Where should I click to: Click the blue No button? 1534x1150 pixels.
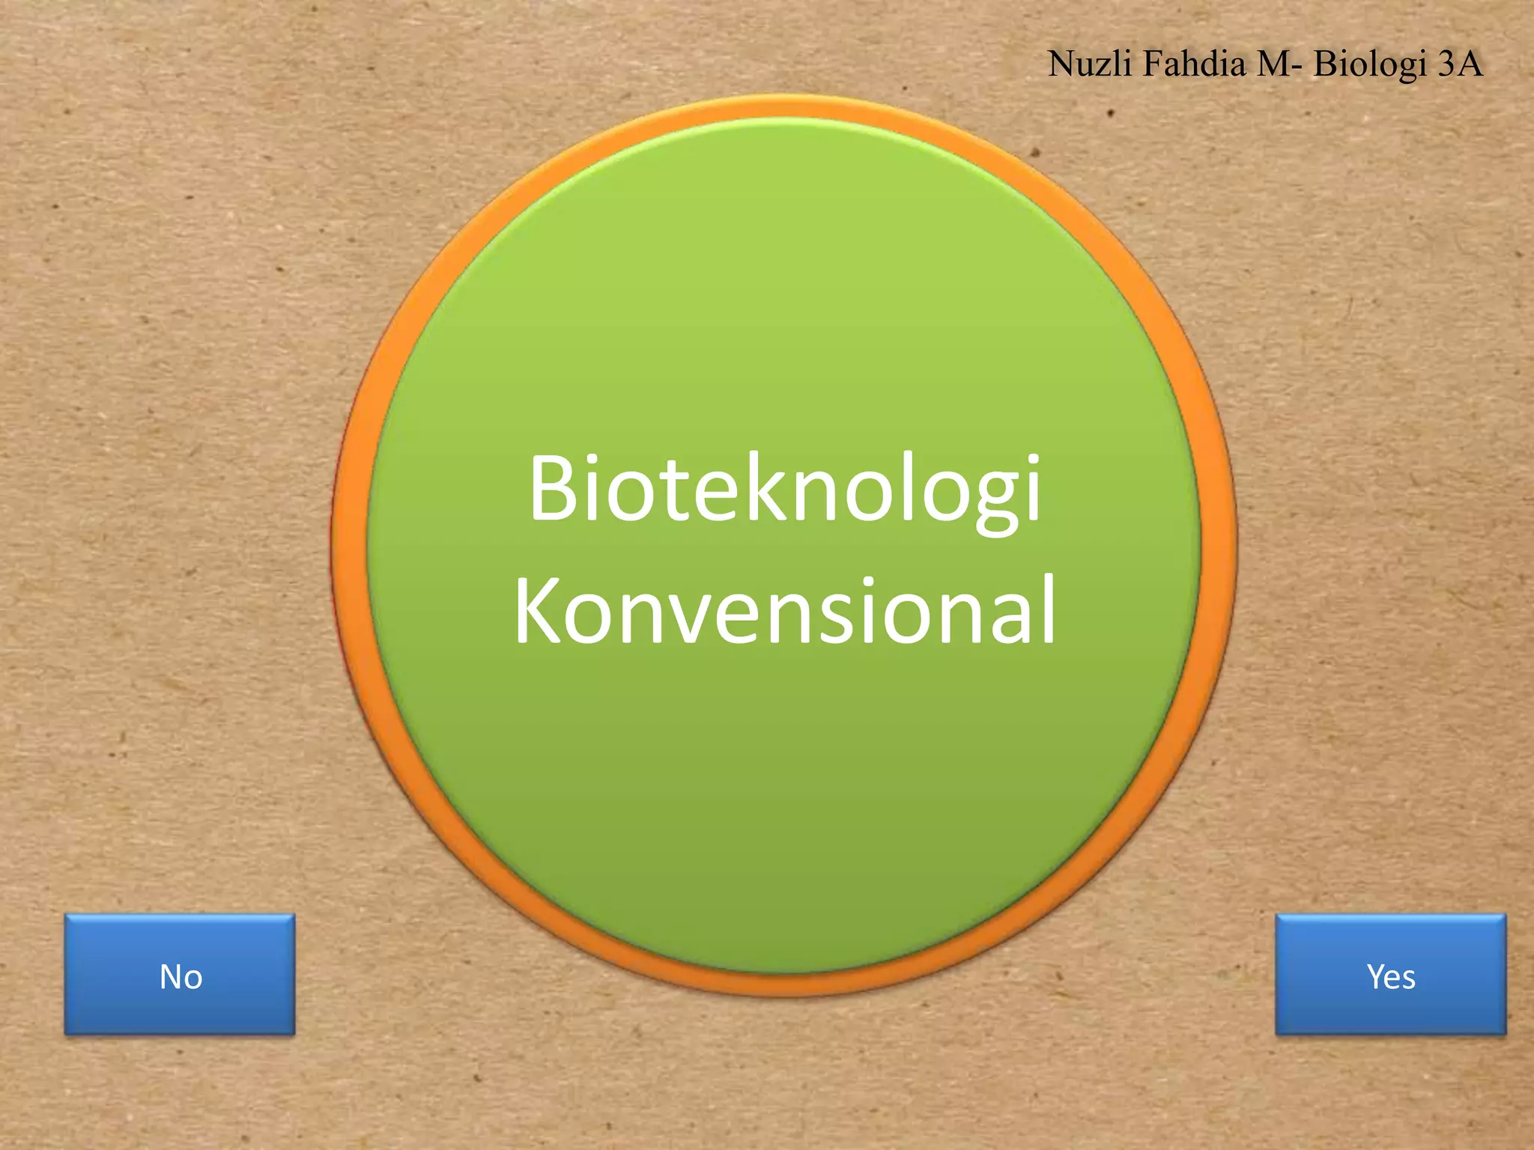coord(180,975)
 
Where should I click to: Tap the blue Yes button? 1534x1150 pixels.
coord(1390,975)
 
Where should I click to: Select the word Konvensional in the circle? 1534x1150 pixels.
coord(784,610)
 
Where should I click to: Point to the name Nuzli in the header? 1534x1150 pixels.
coord(1090,63)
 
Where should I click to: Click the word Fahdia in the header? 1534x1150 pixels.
coord(1195,63)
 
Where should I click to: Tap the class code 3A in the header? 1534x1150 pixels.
coord(1460,63)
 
